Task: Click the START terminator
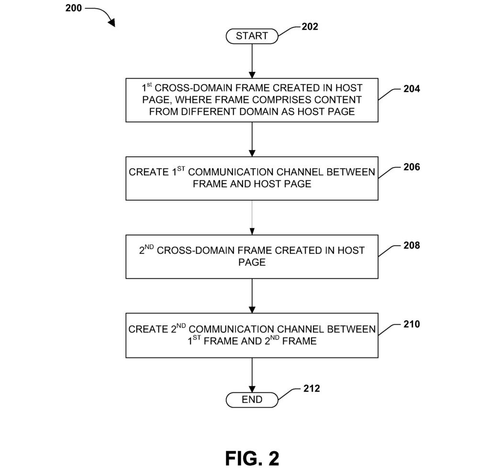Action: (252, 36)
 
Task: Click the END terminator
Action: (252, 399)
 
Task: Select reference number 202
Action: (310, 27)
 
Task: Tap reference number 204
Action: (412, 89)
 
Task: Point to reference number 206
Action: (412, 167)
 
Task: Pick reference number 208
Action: (412, 245)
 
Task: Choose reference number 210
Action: (412, 324)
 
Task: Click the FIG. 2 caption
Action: (252, 458)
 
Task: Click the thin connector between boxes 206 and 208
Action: (252, 217)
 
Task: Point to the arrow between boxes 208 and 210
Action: (252, 296)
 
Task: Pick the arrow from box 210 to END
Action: (252, 374)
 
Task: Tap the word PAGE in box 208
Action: (252, 263)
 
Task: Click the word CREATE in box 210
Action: (145, 330)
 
